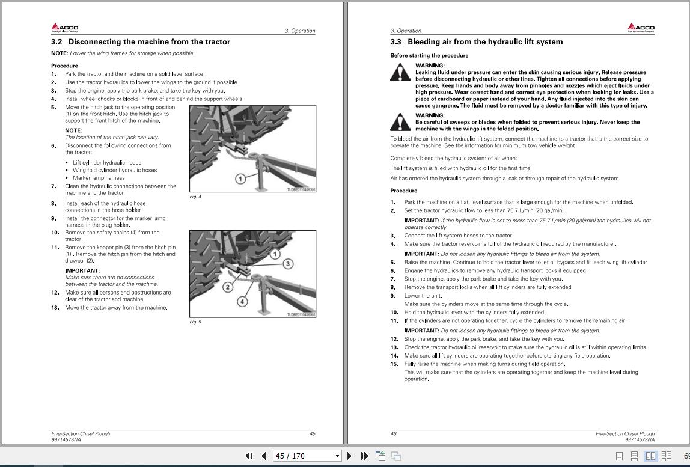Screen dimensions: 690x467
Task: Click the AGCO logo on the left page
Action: [64, 28]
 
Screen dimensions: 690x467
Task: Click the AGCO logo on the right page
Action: [641, 28]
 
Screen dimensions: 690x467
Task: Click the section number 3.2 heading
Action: [56, 42]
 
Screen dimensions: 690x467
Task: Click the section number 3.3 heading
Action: [395, 42]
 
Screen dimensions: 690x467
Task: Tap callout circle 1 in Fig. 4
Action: [240, 179]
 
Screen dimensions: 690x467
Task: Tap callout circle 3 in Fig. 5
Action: [288, 264]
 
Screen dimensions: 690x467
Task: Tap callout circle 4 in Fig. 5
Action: [242, 301]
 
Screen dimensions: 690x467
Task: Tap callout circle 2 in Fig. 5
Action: [228, 287]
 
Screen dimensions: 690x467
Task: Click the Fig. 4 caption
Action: [195, 197]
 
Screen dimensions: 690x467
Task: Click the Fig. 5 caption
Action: [195, 322]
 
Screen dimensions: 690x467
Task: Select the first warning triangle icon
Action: [400, 73]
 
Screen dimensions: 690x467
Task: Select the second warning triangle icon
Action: [400, 122]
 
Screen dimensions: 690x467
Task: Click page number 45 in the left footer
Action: [312, 433]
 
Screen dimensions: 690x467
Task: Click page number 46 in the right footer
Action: [394, 433]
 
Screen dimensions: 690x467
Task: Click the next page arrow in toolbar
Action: [349, 456]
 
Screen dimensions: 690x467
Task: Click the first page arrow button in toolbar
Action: [249, 456]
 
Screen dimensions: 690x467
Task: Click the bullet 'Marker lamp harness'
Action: [99, 178]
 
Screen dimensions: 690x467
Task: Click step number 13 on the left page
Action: [55, 308]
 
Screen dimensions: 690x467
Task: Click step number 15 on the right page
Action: [394, 364]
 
